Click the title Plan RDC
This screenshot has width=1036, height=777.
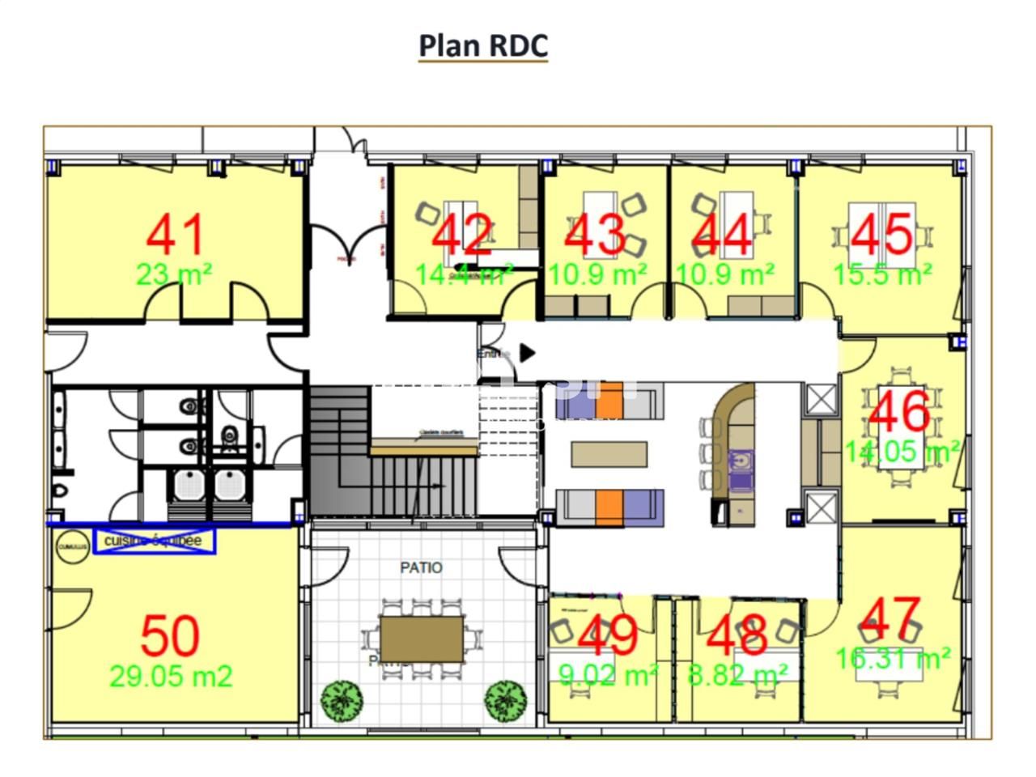tap(483, 45)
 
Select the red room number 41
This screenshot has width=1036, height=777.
tap(176, 235)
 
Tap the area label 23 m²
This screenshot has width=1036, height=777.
tap(174, 275)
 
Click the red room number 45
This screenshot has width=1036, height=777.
tap(882, 235)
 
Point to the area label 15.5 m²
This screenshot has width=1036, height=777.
tap(882, 275)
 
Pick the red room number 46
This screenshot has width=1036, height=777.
tap(898, 411)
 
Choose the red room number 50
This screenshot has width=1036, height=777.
tap(170, 636)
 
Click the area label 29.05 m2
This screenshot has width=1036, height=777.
tap(171, 676)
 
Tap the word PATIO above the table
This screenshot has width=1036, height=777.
tap(421, 567)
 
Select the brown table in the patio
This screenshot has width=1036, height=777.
tap(422, 639)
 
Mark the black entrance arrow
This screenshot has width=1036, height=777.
tap(527, 353)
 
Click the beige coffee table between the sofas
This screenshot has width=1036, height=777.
tap(609, 454)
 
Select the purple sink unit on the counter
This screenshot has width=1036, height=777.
tap(741, 470)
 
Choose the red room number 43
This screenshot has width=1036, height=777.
tap(595, 235)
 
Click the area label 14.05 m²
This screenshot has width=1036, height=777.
tap(902, 450)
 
